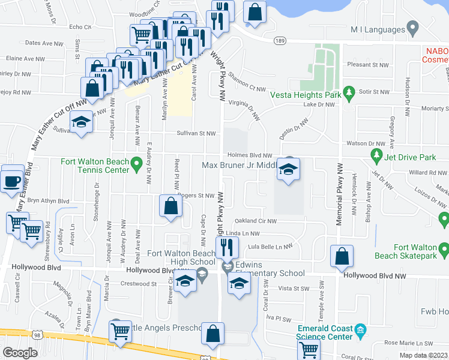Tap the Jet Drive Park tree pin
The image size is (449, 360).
pos(376,157)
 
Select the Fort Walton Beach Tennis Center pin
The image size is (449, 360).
pos(137,162)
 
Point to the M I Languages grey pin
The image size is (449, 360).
pos(412,28)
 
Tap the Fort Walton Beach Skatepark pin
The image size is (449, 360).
pos(444,248)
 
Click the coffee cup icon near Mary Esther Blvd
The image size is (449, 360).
pos(12,181)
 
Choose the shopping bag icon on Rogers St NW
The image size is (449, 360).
pos(171,206)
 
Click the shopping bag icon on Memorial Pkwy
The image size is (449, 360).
pos(341,256)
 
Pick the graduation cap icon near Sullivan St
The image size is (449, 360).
pos(80,124)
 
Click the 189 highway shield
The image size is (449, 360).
pos(280,40)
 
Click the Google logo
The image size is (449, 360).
pos(20,352)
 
